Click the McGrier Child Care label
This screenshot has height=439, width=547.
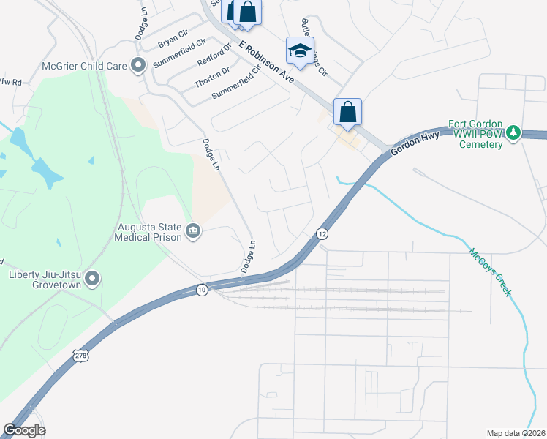(x=84, y=66)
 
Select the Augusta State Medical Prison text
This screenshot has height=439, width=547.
(x=150, y=232)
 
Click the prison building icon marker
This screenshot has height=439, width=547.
(x=193, y=232)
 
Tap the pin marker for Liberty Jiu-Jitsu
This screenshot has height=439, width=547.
(x=92, y=279)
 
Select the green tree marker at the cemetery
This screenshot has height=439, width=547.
(x=514, y=132)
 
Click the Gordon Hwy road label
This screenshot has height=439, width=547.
(x=415, y=143)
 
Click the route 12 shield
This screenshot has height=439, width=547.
(x=322, y=233)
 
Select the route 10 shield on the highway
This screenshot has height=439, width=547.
(x=201, y=290)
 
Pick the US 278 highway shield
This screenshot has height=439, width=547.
(x=80, y=356)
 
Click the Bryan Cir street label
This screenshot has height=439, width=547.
(x=173, y=39)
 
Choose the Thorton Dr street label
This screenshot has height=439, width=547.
(x=212, y=77)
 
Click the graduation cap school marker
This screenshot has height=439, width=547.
(x=298, y=51)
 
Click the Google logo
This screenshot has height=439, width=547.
(x=24, y=430)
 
